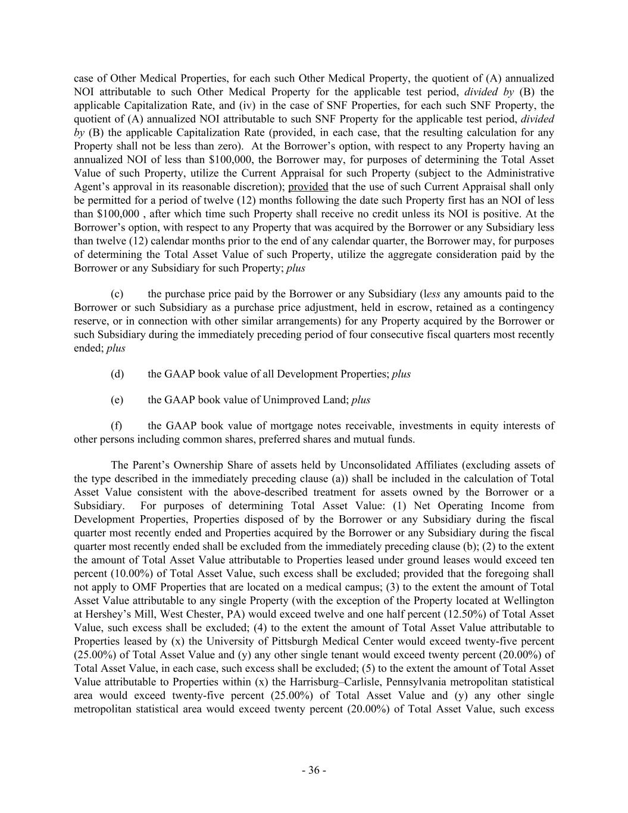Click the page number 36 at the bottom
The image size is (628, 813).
pyautogui.click(x=314, y=770)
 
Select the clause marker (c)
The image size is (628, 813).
pyautogui.click(x=117, y=294)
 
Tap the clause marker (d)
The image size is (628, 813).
pyautogui.click(x=117, y=374)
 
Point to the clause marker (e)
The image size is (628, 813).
pyautogui.click(x=117, y=400)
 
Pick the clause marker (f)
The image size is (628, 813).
pyautogui.click(x=117, y=425)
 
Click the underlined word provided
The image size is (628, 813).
pyautogui.click(x=308, y=186)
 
